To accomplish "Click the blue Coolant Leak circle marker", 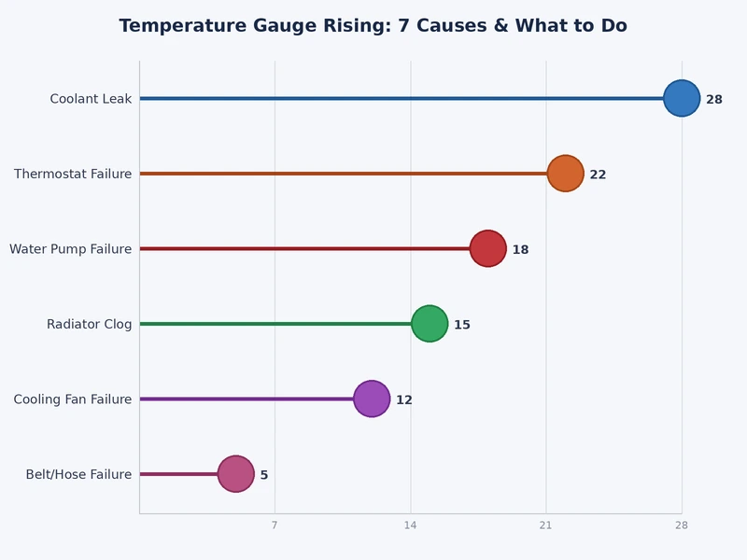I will click(x=682, y=98).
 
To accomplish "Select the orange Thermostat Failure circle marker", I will click(x=565, y=174).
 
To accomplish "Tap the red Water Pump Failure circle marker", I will click(x=487, y=248).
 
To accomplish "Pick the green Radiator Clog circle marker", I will click(x=430, y=324).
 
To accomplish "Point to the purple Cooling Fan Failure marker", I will click(x=372, y=399).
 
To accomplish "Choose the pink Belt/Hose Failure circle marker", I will click(x=236, y=474).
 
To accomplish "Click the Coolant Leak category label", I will click(x=91, y=99).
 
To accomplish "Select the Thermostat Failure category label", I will click(x=73, y=175).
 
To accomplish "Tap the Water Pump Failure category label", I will click(x=70, y=249).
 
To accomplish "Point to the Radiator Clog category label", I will click(x=89, y=325).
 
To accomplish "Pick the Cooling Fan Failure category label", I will click(x=73, y=399).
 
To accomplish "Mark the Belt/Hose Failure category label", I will click(x=78, y=475).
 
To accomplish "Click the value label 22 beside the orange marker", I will click(x=598, y=175).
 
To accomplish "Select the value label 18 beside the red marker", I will click(x=520, y=250).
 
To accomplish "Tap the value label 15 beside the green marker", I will click(x=462, y=325).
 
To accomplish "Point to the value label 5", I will click(x=264, y=475).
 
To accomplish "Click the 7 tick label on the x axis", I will click(x=275, y=525).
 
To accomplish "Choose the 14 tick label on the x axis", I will click(x=410, y=525).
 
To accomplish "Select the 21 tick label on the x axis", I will click(x=546, y=525).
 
